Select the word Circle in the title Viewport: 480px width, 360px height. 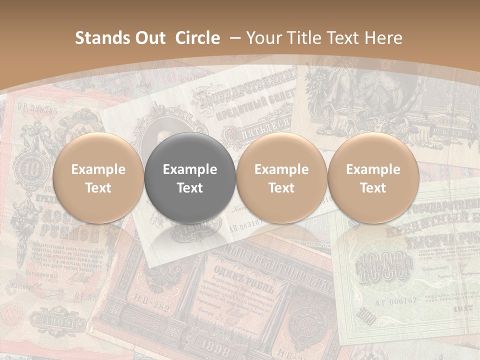[197, 38]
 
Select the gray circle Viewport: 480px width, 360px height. [190, 177]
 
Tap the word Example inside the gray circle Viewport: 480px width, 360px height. [190, 169]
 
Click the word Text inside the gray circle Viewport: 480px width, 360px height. [190, 188]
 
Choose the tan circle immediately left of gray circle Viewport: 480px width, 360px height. [98, 177]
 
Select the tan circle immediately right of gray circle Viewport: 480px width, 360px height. [281, 177]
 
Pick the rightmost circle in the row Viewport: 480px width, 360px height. [373, 177]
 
